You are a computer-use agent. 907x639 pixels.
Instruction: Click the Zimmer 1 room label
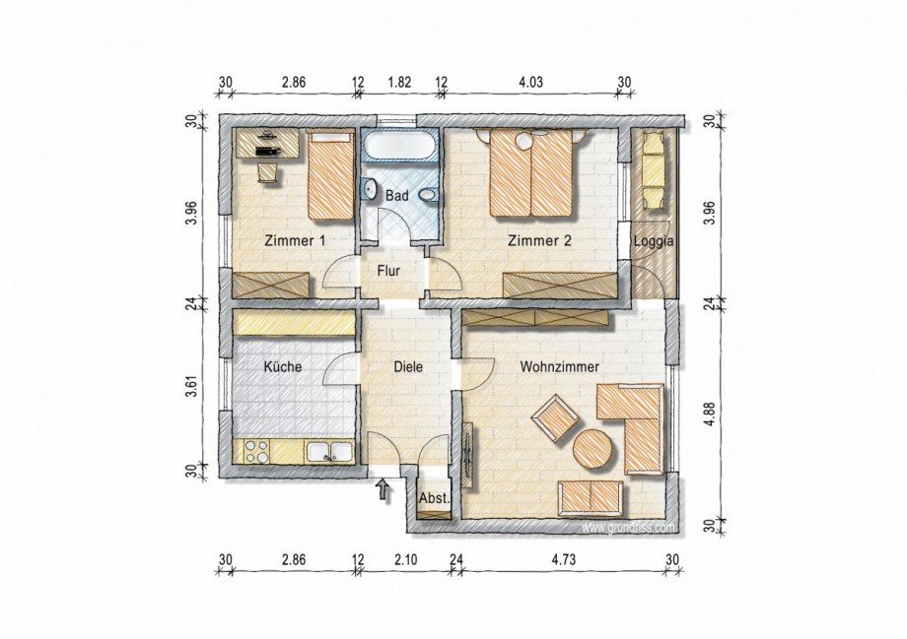(295, 240)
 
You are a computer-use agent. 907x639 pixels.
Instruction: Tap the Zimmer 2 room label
(539, 240)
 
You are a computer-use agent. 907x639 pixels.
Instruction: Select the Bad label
(396, 196)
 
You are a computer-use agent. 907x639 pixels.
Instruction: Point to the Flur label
(389, 270)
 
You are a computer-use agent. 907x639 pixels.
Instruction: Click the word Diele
(408, 366)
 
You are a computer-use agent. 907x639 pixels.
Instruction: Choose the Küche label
(282, 366)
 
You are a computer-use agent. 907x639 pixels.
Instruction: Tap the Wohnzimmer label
(560, 366)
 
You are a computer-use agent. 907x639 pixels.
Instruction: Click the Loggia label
(654, 240)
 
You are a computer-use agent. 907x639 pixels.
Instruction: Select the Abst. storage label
(434, 499)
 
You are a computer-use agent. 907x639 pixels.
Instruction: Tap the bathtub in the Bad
(397, 148)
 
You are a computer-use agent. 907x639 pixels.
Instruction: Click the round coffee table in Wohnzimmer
(594, 450)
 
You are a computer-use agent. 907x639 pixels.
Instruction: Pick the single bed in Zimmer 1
(331, 175)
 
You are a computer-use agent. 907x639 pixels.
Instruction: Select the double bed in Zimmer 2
(532, 173)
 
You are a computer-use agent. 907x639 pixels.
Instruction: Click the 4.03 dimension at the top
(531, 82)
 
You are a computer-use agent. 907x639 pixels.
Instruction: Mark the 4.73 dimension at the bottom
(564, 560)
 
